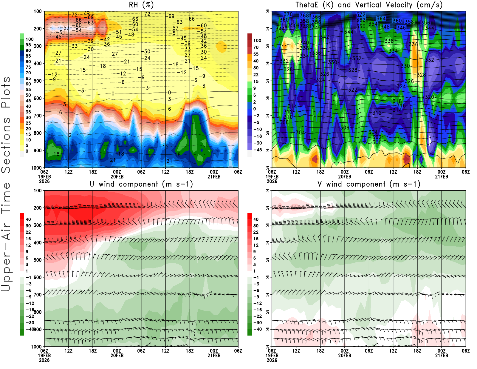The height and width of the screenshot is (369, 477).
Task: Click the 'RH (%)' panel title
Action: tap(141, 5)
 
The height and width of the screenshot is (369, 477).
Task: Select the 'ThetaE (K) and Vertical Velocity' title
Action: tap(369, 5)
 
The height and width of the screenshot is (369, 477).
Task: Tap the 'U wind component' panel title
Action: tap(141, 184)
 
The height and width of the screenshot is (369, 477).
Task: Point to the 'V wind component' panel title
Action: tap(369, 184)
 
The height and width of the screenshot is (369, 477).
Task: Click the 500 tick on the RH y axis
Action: tap(38, 81)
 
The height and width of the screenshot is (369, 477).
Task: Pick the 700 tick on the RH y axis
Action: tap(38, 116)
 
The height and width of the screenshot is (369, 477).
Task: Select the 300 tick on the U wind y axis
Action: tap(38, 225)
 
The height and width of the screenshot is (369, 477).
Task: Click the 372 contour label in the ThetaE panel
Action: tap(361, 15)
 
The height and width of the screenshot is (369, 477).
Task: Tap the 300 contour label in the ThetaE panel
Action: tap(377, 142)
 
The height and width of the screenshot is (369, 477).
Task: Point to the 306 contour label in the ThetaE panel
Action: tap(345, 127)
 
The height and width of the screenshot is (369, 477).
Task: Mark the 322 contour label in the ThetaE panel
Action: tap(353, 90)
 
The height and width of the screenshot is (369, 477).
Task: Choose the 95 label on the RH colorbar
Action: tap(28, 45)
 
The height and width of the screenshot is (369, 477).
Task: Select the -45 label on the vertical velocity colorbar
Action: tap(257, 150)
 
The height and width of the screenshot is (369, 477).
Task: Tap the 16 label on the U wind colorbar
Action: tap(28, 239)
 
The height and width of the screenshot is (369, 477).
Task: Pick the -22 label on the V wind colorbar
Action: tap(257, 316)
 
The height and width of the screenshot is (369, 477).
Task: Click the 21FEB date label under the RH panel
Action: tap(214, 177)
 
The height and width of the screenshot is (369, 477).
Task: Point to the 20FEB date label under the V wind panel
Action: tap(344, 356)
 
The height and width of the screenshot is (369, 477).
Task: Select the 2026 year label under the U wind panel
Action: tap(44, 360)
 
